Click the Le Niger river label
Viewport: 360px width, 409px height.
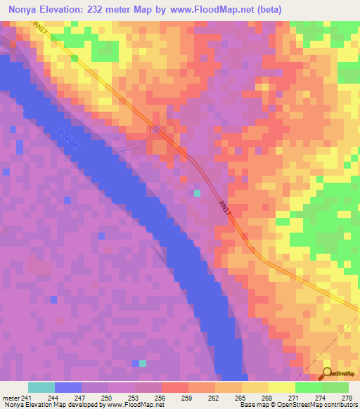click(67, 137)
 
